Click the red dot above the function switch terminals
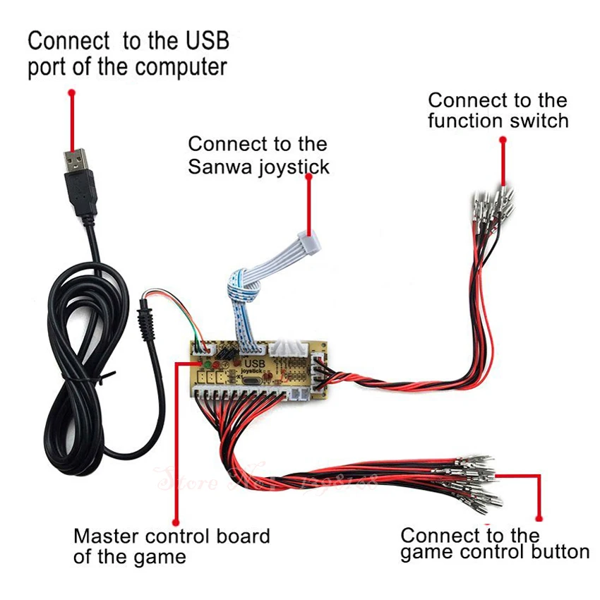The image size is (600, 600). (x=503, y=140)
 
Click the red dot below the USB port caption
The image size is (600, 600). (x=71, y=92)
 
